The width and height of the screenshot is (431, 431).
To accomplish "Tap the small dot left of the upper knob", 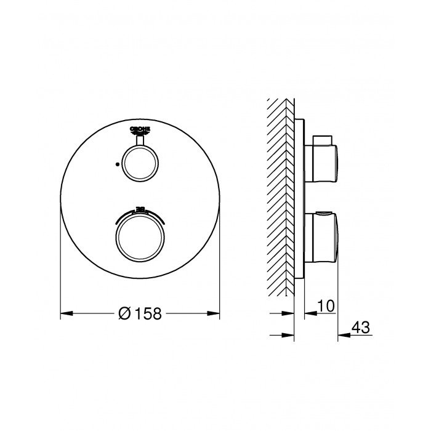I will point(116,165).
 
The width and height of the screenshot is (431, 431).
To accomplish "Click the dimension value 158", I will point(148,313).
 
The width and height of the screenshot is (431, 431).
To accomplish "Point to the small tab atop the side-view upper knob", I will point(320,137).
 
